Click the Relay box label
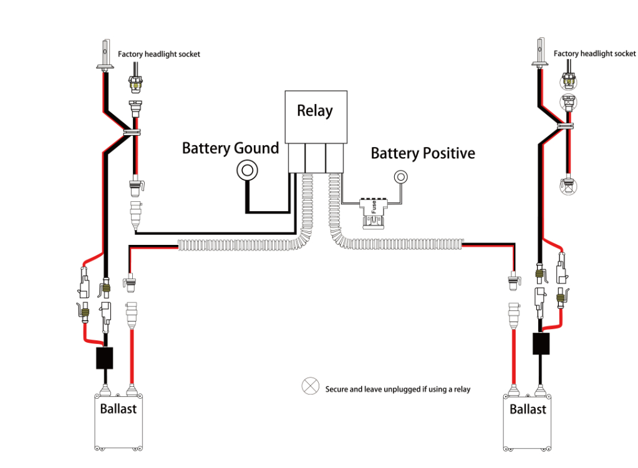(314, 111)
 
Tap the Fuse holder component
(373, 207)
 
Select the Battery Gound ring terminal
(247, 170)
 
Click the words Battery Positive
(422, 153)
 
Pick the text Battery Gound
(230, 148)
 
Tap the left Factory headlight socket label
(159, 54)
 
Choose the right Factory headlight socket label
(594, 54)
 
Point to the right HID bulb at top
(540, 53)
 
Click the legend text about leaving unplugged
(397, 389)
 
